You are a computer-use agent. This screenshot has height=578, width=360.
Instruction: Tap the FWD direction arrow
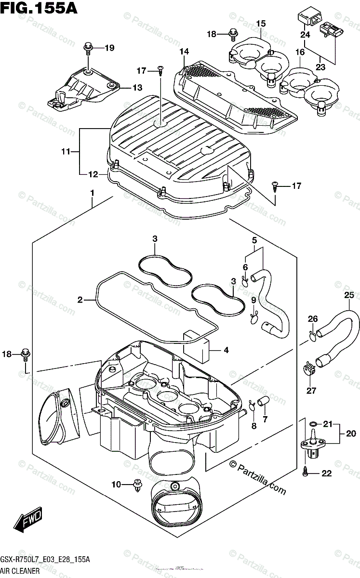point(28,522)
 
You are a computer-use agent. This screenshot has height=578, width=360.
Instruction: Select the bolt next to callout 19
point(88,48)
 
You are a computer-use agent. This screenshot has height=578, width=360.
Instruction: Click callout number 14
point(185,52)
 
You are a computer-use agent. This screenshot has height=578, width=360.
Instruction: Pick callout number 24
point(305,35)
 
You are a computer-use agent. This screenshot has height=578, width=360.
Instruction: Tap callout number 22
point(327,473)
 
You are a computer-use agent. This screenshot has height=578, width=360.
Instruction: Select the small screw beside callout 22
point(306,473)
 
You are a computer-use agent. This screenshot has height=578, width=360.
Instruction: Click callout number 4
point(226,350)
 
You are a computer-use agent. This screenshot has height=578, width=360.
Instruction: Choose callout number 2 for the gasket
point(80,300)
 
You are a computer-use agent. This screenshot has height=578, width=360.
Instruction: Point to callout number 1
point(92,194)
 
